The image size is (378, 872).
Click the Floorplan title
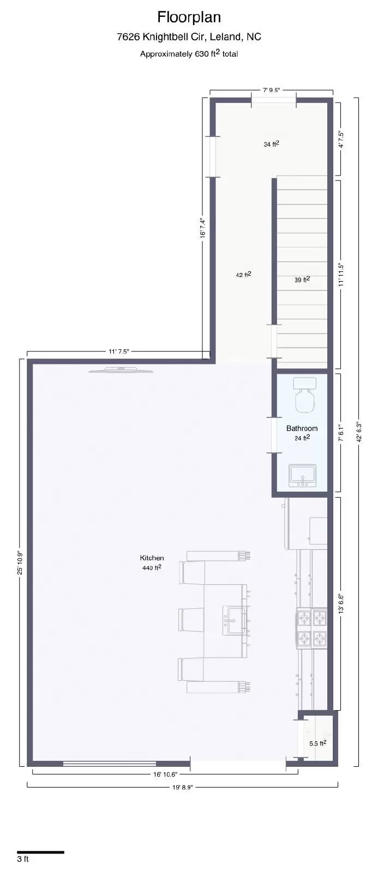(x=189, y=17)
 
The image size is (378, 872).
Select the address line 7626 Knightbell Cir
(x=189, y=37)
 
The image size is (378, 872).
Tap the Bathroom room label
(x=302, y=428)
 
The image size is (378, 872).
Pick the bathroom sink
(x=302, y=475)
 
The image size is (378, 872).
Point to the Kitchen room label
(x=152, y=558)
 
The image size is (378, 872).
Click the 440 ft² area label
(x=152, y=568)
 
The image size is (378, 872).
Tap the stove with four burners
(x=311, y=628)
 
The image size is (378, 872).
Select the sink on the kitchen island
(x=235, y=620)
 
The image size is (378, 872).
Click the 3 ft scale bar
(x=40, y=852)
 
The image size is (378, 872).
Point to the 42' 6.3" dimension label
(x=358, y=432)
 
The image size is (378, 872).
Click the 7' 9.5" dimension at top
(x=271, y=90)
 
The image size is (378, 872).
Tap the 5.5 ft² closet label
(x=317, y=743)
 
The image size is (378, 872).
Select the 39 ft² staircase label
(x=302, y=280)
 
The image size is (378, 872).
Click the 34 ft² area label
(x=271, y=144)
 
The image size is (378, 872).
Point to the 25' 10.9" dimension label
(x=20, y=562)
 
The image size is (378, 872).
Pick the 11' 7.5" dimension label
(x=118, y=352)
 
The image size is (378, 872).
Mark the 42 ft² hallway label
(x=243, y=275)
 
